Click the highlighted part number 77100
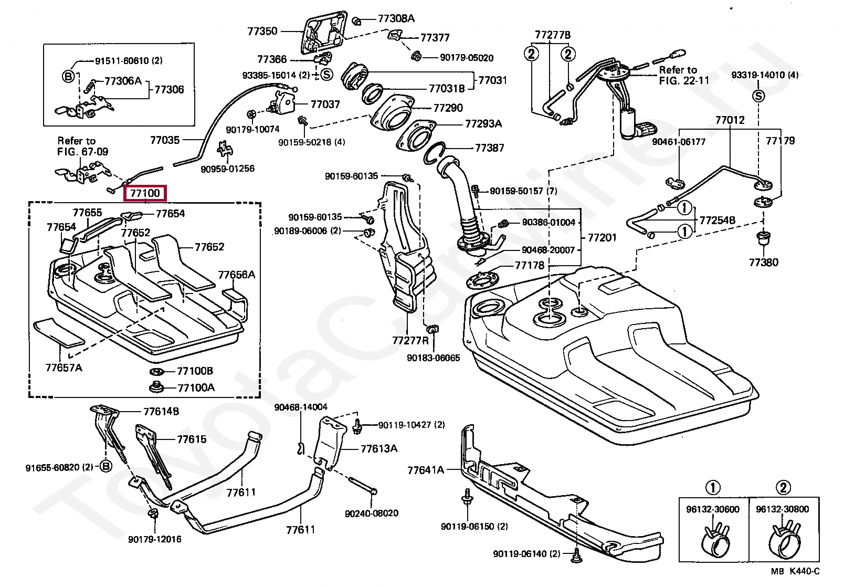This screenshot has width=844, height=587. point(145,193)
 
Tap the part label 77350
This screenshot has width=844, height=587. point(262,32)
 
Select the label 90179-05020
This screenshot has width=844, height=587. point(467,58)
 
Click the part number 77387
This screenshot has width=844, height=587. point(489,148)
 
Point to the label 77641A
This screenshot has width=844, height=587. point(426,470)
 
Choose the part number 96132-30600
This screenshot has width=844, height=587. point(713,509)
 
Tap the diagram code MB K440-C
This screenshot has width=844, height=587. point(795,572)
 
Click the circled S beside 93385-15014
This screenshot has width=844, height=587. point(326,75)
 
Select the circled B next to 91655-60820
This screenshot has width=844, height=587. point(106,466)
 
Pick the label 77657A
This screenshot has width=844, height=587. point(64,368)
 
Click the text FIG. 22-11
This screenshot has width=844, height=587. point(684,81)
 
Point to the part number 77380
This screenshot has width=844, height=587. point(763,263)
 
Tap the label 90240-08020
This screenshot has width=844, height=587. point(372,513)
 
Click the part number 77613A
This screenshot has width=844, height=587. point(379,448)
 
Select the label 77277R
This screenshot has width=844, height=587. point(410,341)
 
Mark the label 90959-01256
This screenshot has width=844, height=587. point(228,169)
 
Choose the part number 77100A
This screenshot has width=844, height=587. point(196,387)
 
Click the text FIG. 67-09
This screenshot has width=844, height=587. point(82,152)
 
